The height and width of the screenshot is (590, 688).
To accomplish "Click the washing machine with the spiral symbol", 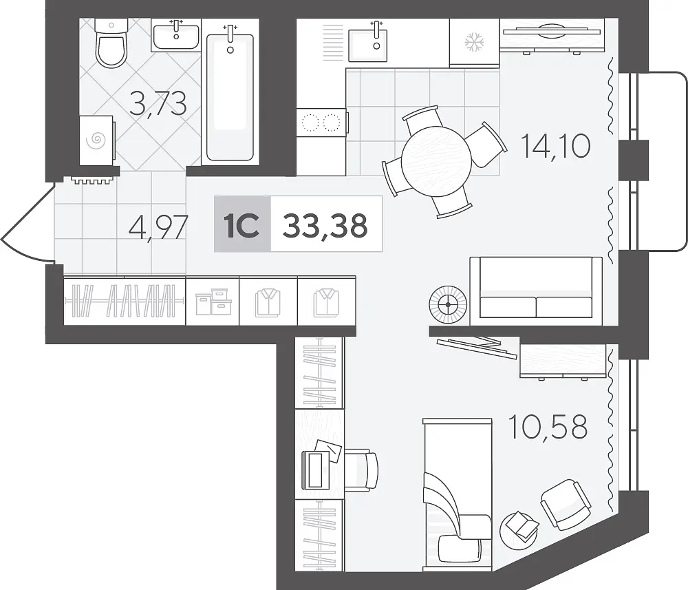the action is click(97, 140).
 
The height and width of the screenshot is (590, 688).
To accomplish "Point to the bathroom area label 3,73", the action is click(158, 103).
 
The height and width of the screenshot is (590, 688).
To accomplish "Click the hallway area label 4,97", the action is click(158, 227).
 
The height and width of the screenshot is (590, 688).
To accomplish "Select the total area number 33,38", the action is click(325, 225).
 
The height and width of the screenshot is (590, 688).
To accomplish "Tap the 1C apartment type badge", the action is click(241, 224).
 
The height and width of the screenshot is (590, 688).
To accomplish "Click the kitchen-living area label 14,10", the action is click(555, 146).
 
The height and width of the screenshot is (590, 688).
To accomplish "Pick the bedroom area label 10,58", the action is click(548, 426).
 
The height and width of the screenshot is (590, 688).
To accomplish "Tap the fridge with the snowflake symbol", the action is click(474, 43).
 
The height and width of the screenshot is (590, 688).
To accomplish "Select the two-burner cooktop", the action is click(322, 123).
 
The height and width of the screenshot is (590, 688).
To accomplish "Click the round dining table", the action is click(436, 161).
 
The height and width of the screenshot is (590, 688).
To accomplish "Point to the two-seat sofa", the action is click(536, 291).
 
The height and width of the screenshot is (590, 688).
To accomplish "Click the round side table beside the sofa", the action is click(448, 305).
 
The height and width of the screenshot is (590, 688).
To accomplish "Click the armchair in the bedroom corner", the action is click(566, 505).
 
